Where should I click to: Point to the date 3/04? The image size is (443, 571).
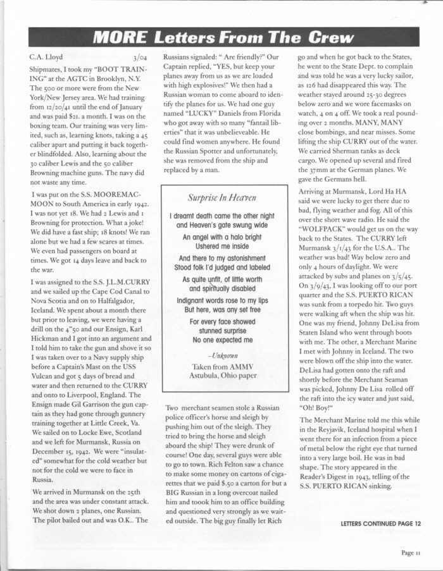140,58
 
